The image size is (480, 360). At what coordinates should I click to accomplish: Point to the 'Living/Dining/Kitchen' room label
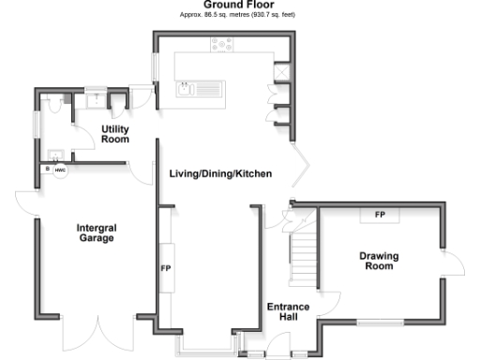pos(220,174)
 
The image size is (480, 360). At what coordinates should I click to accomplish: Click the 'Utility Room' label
pos(114,134)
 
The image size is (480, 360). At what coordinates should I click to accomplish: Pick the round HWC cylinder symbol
pos(59,171)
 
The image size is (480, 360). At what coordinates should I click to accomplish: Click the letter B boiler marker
pos(44,170)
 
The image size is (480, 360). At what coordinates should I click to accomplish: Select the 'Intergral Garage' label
pos(97,232)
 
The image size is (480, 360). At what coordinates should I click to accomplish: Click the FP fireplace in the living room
pos(166,268)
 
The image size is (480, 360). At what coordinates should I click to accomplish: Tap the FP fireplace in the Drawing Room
pos(380,215)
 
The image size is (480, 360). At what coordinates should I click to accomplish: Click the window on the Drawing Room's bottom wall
pos(382,323)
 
